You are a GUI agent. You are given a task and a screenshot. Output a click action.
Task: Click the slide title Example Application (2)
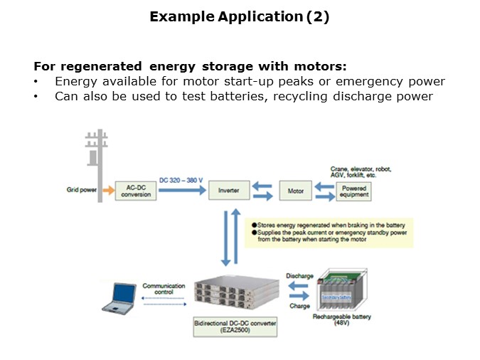click(240, 18)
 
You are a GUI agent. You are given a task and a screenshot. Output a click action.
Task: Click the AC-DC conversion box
click(135, 191)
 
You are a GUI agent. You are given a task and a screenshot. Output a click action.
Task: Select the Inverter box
click(229, 191)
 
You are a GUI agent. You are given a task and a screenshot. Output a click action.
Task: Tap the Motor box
click(295, 191)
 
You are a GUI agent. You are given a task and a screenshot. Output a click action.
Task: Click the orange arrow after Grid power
click(107, 191)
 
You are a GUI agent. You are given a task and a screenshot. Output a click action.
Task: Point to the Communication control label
click(164, 288)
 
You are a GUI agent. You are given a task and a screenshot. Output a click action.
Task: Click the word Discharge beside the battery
click(299, 275)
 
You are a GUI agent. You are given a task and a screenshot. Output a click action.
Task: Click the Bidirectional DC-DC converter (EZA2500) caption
click(236, 327)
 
